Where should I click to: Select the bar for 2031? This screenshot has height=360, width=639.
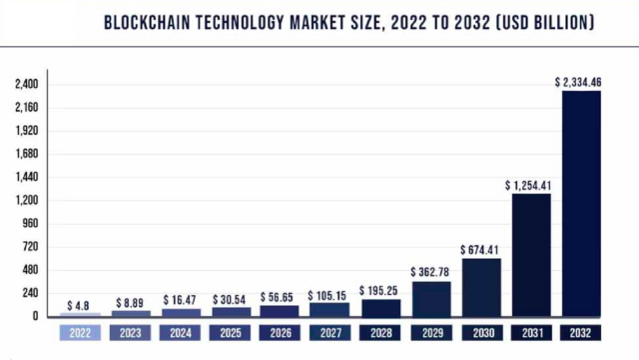point(531,254)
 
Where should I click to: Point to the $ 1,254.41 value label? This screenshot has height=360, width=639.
point(531,185)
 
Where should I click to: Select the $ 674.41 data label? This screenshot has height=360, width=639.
point(480,249)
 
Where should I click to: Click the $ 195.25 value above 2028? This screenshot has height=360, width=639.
point(380,289)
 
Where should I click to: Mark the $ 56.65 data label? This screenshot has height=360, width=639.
point(281,298)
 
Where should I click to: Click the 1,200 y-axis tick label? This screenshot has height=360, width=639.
point(26,200)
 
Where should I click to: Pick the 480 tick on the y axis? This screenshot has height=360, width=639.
point(28,270)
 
